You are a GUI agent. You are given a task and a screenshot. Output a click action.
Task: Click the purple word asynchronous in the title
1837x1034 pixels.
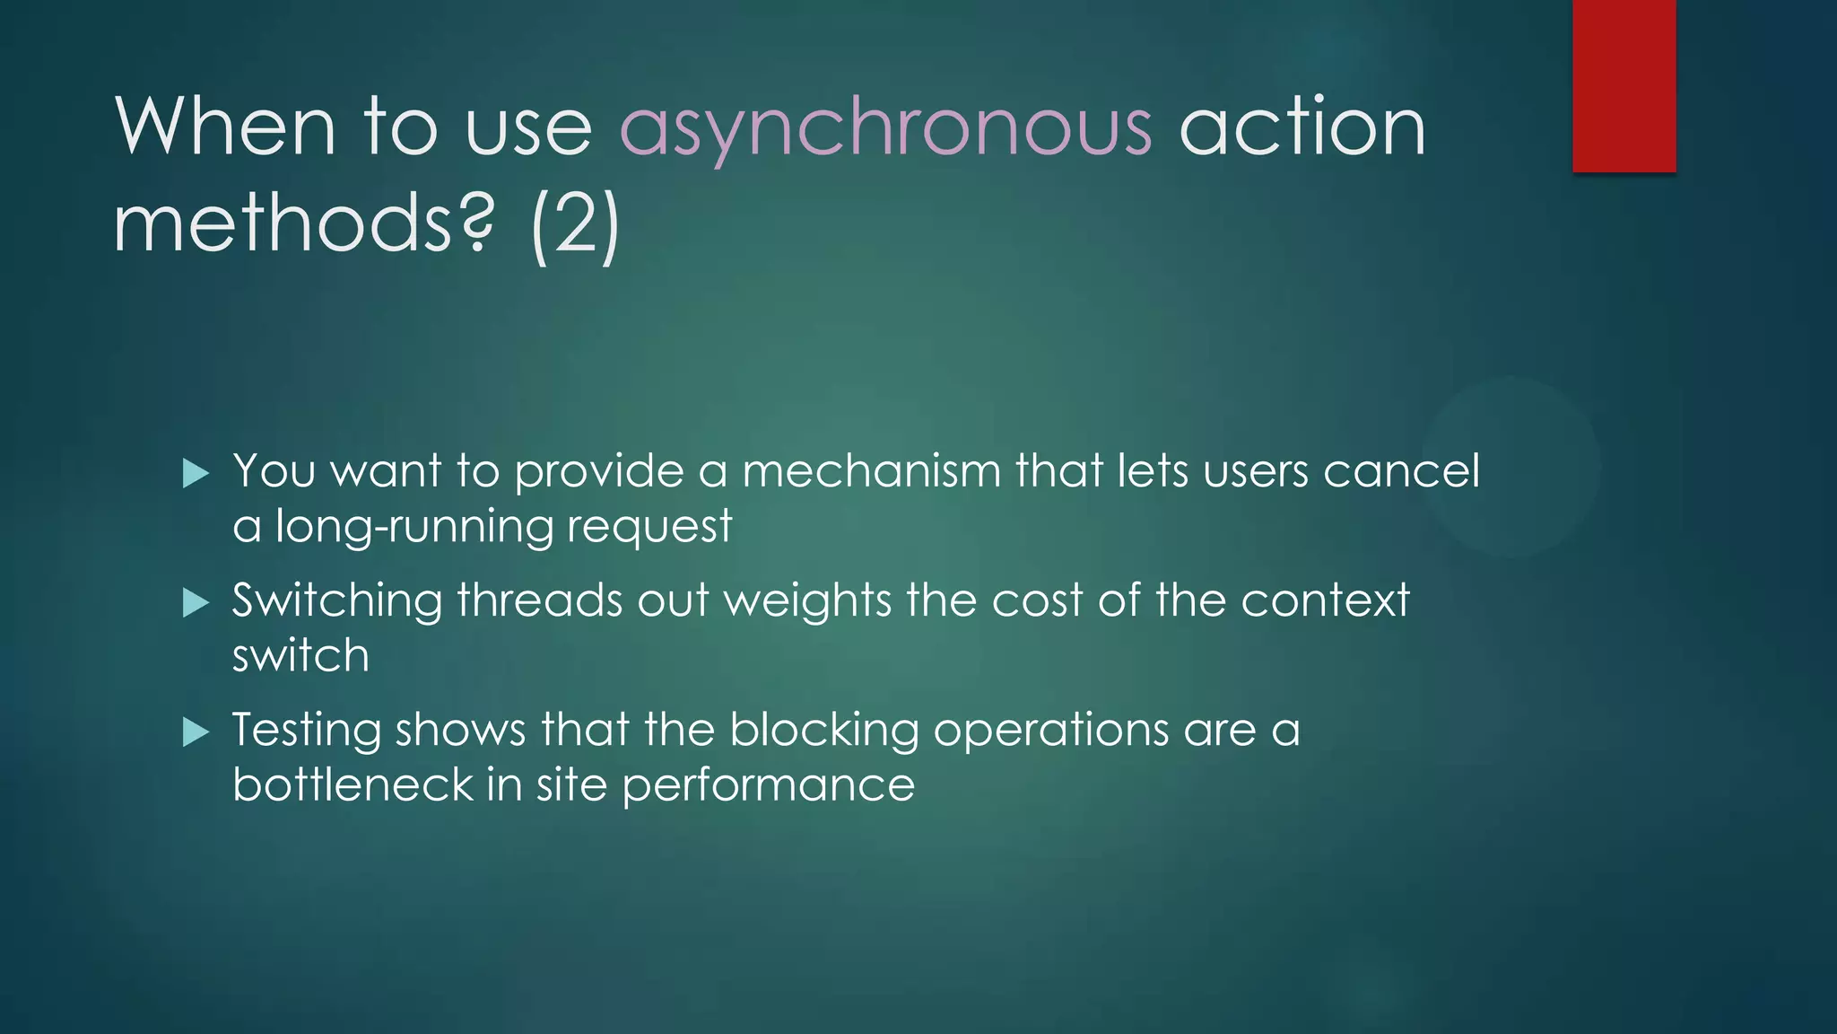coord(885,128)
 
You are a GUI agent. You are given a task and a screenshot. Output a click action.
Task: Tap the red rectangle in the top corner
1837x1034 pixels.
coord(1624,85)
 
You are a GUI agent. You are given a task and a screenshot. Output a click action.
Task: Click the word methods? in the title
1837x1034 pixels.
coord(303,224)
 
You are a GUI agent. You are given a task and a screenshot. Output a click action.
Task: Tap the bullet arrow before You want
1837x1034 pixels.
coord(195,473)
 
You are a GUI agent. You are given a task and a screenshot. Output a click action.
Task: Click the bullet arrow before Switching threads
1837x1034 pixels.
coord(195,602)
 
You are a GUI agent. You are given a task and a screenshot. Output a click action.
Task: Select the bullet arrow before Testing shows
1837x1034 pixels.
coord(195,732)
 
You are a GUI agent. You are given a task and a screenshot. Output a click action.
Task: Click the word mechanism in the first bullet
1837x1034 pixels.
coord(871,471)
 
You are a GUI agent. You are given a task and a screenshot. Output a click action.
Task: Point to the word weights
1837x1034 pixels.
coord(807,601)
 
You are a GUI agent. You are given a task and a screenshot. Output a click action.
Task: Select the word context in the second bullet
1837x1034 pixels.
coord(1325,600)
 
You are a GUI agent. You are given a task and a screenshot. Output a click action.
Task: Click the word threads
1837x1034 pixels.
coord(539,600)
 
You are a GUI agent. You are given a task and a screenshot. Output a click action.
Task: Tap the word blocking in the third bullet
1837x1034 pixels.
coord(823,731)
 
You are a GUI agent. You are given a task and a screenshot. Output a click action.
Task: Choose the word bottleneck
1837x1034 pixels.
coord(352,785)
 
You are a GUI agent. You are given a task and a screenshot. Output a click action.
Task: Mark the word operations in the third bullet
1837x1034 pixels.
coord(1050,731)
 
